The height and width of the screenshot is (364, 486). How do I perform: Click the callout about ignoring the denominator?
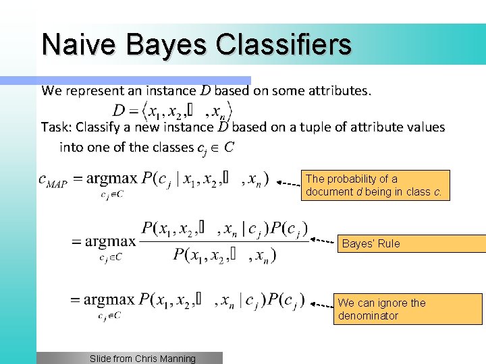pyautogui.click(x=409, y=309)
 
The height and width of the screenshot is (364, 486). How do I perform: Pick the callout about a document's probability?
pyautogui.click(x=375, y=185)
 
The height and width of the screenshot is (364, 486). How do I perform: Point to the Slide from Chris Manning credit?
pyautogui.click(x=142, y=359)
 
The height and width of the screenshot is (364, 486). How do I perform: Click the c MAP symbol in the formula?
pyautogui.click(x=53, y=180)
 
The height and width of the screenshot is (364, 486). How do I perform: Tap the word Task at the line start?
pyautogui.click(x=56, y=127)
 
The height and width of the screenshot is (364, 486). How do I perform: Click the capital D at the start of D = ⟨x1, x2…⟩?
pyautogui.click(x=119, y=110)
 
